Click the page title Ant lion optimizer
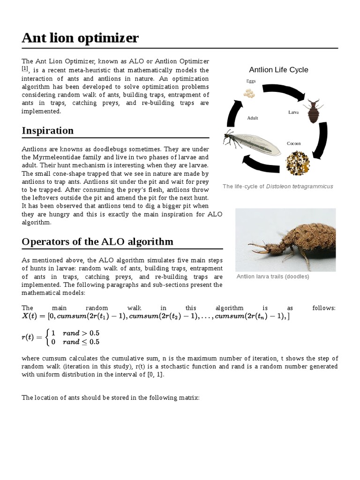80,37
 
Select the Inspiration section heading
47,130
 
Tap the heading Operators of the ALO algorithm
97,241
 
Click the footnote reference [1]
25,69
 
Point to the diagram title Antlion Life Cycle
278,70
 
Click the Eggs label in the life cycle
251,81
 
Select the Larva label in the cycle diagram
293,112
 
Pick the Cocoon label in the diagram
293,143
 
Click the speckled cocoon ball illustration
297,163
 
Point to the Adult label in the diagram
253,118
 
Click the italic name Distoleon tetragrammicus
300,187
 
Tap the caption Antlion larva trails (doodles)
272,277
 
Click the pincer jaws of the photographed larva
254,248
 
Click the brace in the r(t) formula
46,337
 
